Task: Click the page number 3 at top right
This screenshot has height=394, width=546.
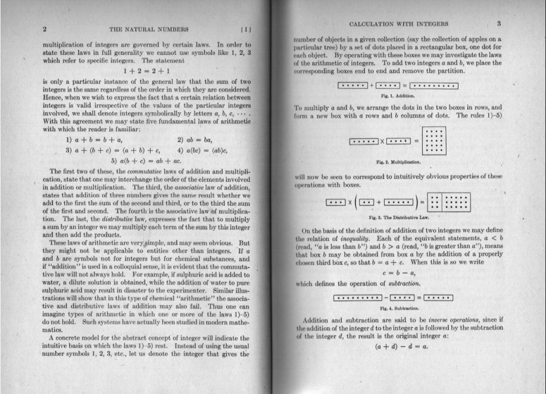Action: [499, 24]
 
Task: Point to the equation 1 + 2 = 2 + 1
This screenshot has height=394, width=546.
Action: [146, 70]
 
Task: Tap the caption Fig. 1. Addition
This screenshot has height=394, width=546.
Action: [398, 95]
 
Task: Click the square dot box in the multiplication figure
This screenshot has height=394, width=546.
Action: [434, 141]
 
